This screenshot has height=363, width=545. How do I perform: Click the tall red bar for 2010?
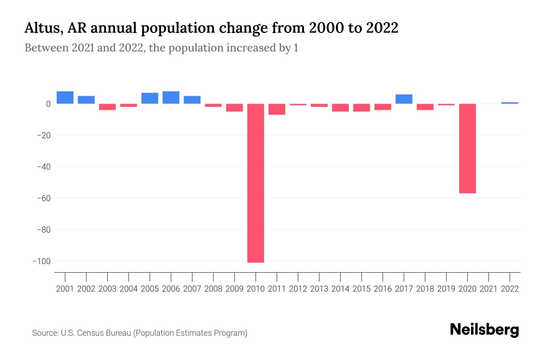(256, 183)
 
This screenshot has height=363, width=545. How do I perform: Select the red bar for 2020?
(467, 148)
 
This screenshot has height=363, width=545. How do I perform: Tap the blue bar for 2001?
(65, 97)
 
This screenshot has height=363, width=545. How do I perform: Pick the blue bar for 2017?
(404, 99)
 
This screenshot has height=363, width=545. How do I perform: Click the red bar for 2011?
(277, 109)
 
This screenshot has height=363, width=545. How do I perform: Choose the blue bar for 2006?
(171, 97)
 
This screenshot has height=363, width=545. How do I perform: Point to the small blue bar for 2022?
(510, 103)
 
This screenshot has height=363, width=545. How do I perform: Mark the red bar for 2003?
(107, 107)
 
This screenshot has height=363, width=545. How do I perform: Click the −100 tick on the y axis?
(41, 261)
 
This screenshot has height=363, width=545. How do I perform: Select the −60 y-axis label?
(44, 198)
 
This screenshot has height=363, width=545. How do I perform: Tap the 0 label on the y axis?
(48, 104)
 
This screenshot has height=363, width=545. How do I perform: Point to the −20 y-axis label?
(44, 135)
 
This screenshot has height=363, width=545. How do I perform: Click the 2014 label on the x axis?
(340, 289)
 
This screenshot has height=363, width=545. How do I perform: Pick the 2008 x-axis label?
(213, 289)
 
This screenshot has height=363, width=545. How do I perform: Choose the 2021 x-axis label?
(488, 289)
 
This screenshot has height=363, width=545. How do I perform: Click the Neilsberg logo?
(484, 330)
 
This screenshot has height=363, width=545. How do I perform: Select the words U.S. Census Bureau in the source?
(96, 333)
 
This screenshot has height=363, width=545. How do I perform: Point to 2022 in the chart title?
(382, 28)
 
